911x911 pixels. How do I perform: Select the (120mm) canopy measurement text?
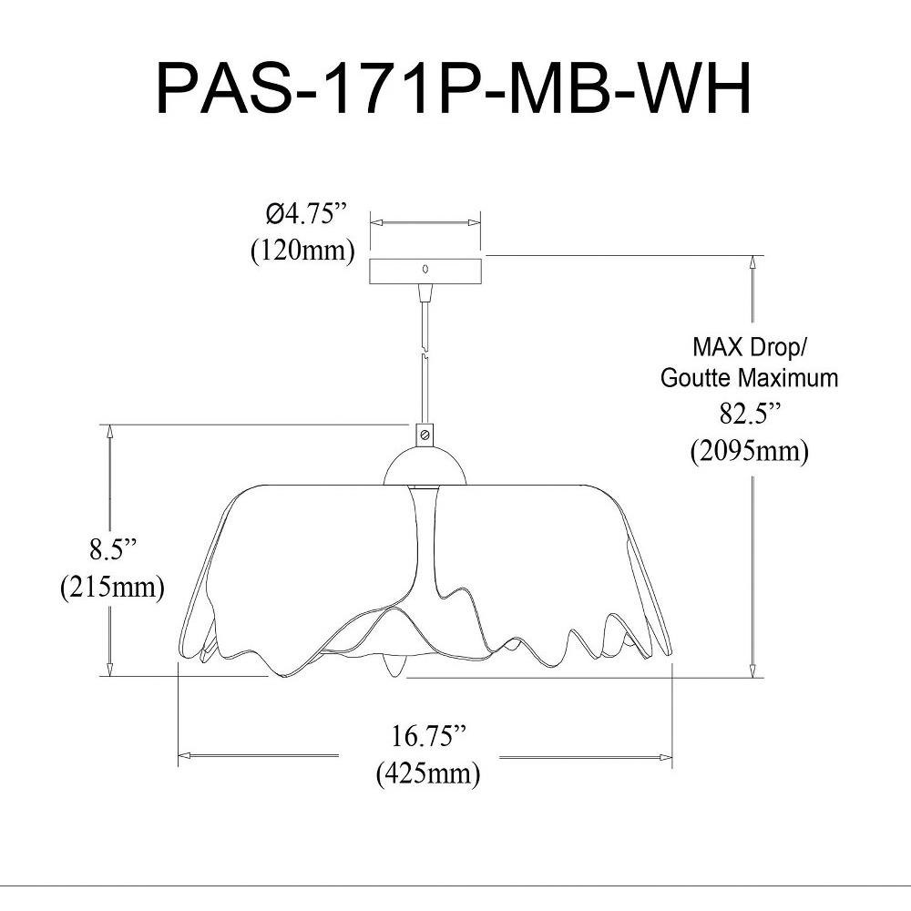pyautogui.click(x=302, y=251)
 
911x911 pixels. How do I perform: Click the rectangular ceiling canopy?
pyautogui.click(x=425, y=271)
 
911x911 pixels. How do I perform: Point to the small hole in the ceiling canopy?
pyautogui.click(x=425, y=270)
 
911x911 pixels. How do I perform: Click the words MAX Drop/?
pyautogui.click(x=749, y=347)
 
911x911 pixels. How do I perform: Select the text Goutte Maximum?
pyautogui.click(x=749, y=378)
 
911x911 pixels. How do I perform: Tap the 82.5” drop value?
pyautogui.click(x=751, y=415)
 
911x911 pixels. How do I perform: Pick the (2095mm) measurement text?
pyautogui.click(x=749, y=450)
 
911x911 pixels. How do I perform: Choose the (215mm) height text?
pyautogui.click(x=112, y=587)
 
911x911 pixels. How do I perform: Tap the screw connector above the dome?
pyautogui.click(x=425, y=435)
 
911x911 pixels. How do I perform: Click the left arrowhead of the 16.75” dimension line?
pyautogui.click(x=183, y=755)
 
